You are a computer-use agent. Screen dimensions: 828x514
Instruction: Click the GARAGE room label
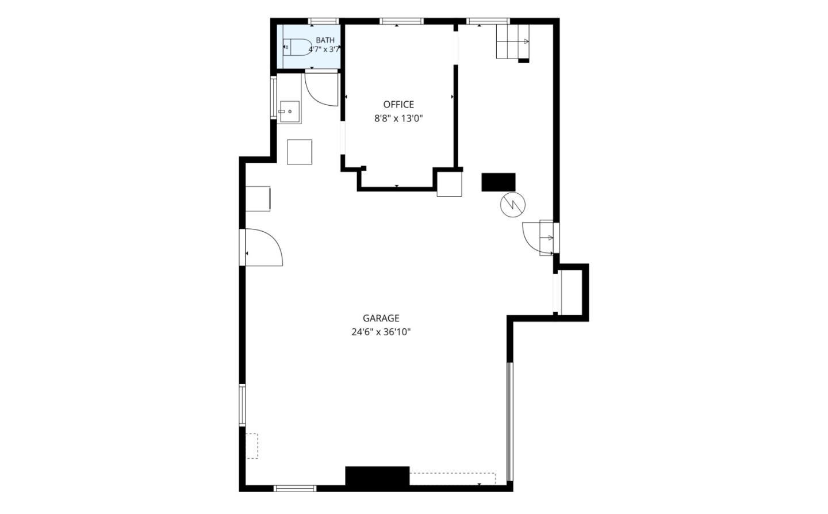pyautogui.click(x=381, y=318)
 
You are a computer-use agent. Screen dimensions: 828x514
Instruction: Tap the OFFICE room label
pyautogui.click(x=398, y=105)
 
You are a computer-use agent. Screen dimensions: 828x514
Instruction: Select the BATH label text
pyautogui.click(x=325, y=40)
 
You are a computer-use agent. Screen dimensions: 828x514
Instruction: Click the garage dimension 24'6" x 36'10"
pyautogui.click(x=381, y=332)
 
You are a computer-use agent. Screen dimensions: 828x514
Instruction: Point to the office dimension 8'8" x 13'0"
pyautogui.click(x=398, y=118)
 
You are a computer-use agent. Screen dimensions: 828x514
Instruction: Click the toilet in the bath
pyautogui.click(x=298, y=47)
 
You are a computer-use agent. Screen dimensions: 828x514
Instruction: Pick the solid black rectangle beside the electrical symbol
pyautogui.click(x=499, y=182)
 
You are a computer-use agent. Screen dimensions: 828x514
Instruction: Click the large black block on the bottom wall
pyautogui.click(x=377, y=476)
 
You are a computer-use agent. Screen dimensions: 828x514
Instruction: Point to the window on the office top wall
pyautogui.click(x=401, y=21)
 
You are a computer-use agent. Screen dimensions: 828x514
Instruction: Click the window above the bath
pyautogui.click(x=323, y=21)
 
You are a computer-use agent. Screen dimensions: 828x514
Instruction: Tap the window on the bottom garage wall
pyautogui.click(x=295, y=489)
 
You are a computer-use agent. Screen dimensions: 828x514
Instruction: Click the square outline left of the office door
pyautogui.click(x=300, y=152)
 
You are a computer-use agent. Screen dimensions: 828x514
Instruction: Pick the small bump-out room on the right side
pyautogui.click(x=571, y=292)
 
